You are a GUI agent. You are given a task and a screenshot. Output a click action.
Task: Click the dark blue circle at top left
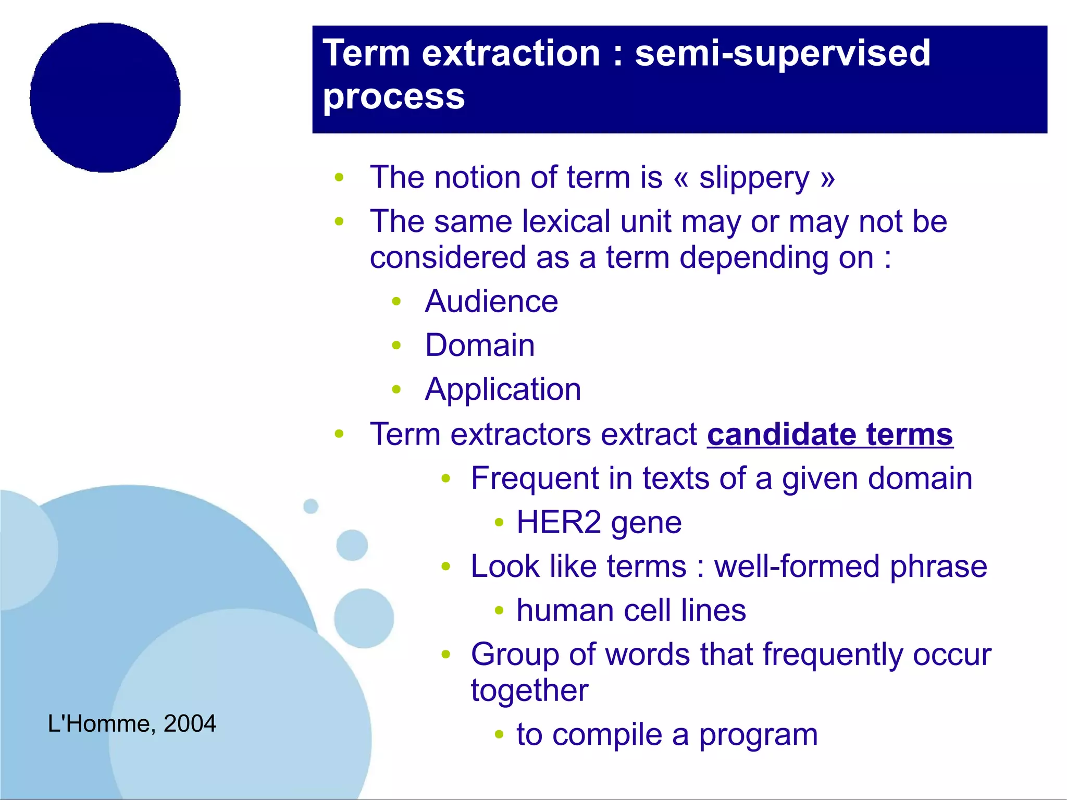[105, 97]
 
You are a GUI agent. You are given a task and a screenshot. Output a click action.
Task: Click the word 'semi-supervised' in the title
[782, 53]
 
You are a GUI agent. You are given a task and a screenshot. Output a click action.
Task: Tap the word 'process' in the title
[393, 97]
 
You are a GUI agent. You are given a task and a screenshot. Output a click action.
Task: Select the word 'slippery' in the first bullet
[754, 178]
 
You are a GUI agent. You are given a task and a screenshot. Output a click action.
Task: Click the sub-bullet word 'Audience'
[491, 302]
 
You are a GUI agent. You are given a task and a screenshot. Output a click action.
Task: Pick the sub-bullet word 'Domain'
[480, 346]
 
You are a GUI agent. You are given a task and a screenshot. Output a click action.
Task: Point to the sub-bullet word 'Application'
[503, 390]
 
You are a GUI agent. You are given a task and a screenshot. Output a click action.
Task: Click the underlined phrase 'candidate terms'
[829, 434]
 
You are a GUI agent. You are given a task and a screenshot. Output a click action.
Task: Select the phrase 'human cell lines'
[631, 610]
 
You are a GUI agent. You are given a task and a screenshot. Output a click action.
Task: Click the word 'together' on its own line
[529, 691]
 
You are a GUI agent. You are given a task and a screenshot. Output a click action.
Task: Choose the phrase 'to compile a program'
[667, 735]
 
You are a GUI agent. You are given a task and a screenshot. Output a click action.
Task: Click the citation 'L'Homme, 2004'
[132, 724]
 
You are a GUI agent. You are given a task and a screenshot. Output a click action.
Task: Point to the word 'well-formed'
[797, 567]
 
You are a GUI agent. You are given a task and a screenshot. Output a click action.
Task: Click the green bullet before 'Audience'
[396, 301]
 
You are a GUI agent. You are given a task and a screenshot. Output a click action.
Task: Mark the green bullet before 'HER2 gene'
[499, 522]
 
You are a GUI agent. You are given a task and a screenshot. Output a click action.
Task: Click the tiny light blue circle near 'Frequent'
[311, 506]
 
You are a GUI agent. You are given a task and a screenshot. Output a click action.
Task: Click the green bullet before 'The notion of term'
[339, 178]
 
